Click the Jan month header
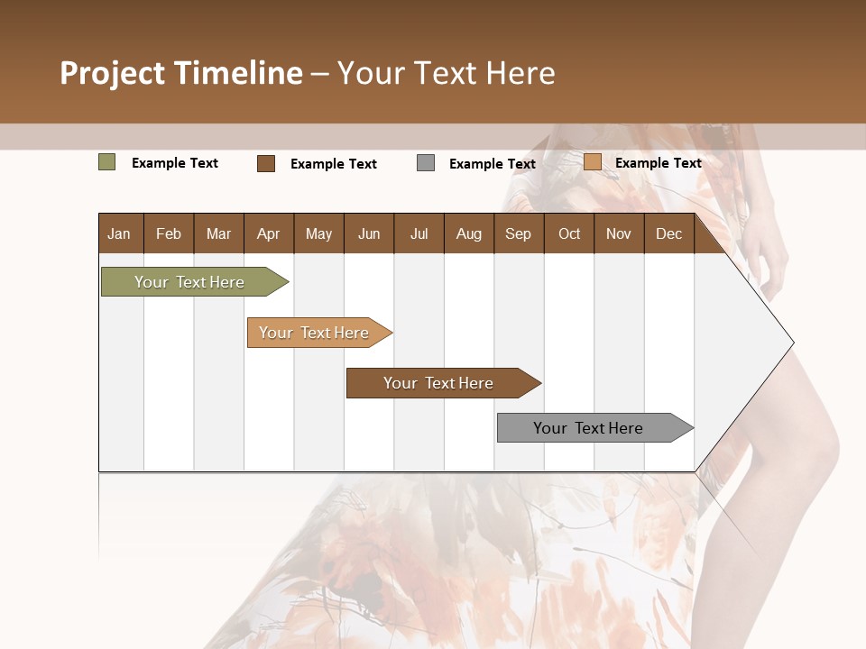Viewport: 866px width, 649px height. coord(119,233)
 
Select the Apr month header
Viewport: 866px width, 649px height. coord(268,233)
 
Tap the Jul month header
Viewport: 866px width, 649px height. coord(419,233)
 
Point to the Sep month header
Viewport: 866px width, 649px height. coord(518,233)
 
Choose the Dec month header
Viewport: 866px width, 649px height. coord(668,233)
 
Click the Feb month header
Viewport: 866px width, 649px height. coord(169,233)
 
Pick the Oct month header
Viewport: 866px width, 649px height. coord(569,233)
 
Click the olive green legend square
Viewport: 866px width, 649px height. coord(107,162)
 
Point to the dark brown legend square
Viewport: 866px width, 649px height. coord(266,163)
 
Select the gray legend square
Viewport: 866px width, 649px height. coord(426,163)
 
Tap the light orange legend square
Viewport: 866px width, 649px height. coord(592,162)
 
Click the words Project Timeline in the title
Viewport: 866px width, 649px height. coord(181,73)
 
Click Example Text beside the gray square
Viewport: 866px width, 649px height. coord(492,164)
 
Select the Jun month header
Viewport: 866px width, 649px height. coord(369,233)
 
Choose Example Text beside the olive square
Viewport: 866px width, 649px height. coord(175,163)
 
